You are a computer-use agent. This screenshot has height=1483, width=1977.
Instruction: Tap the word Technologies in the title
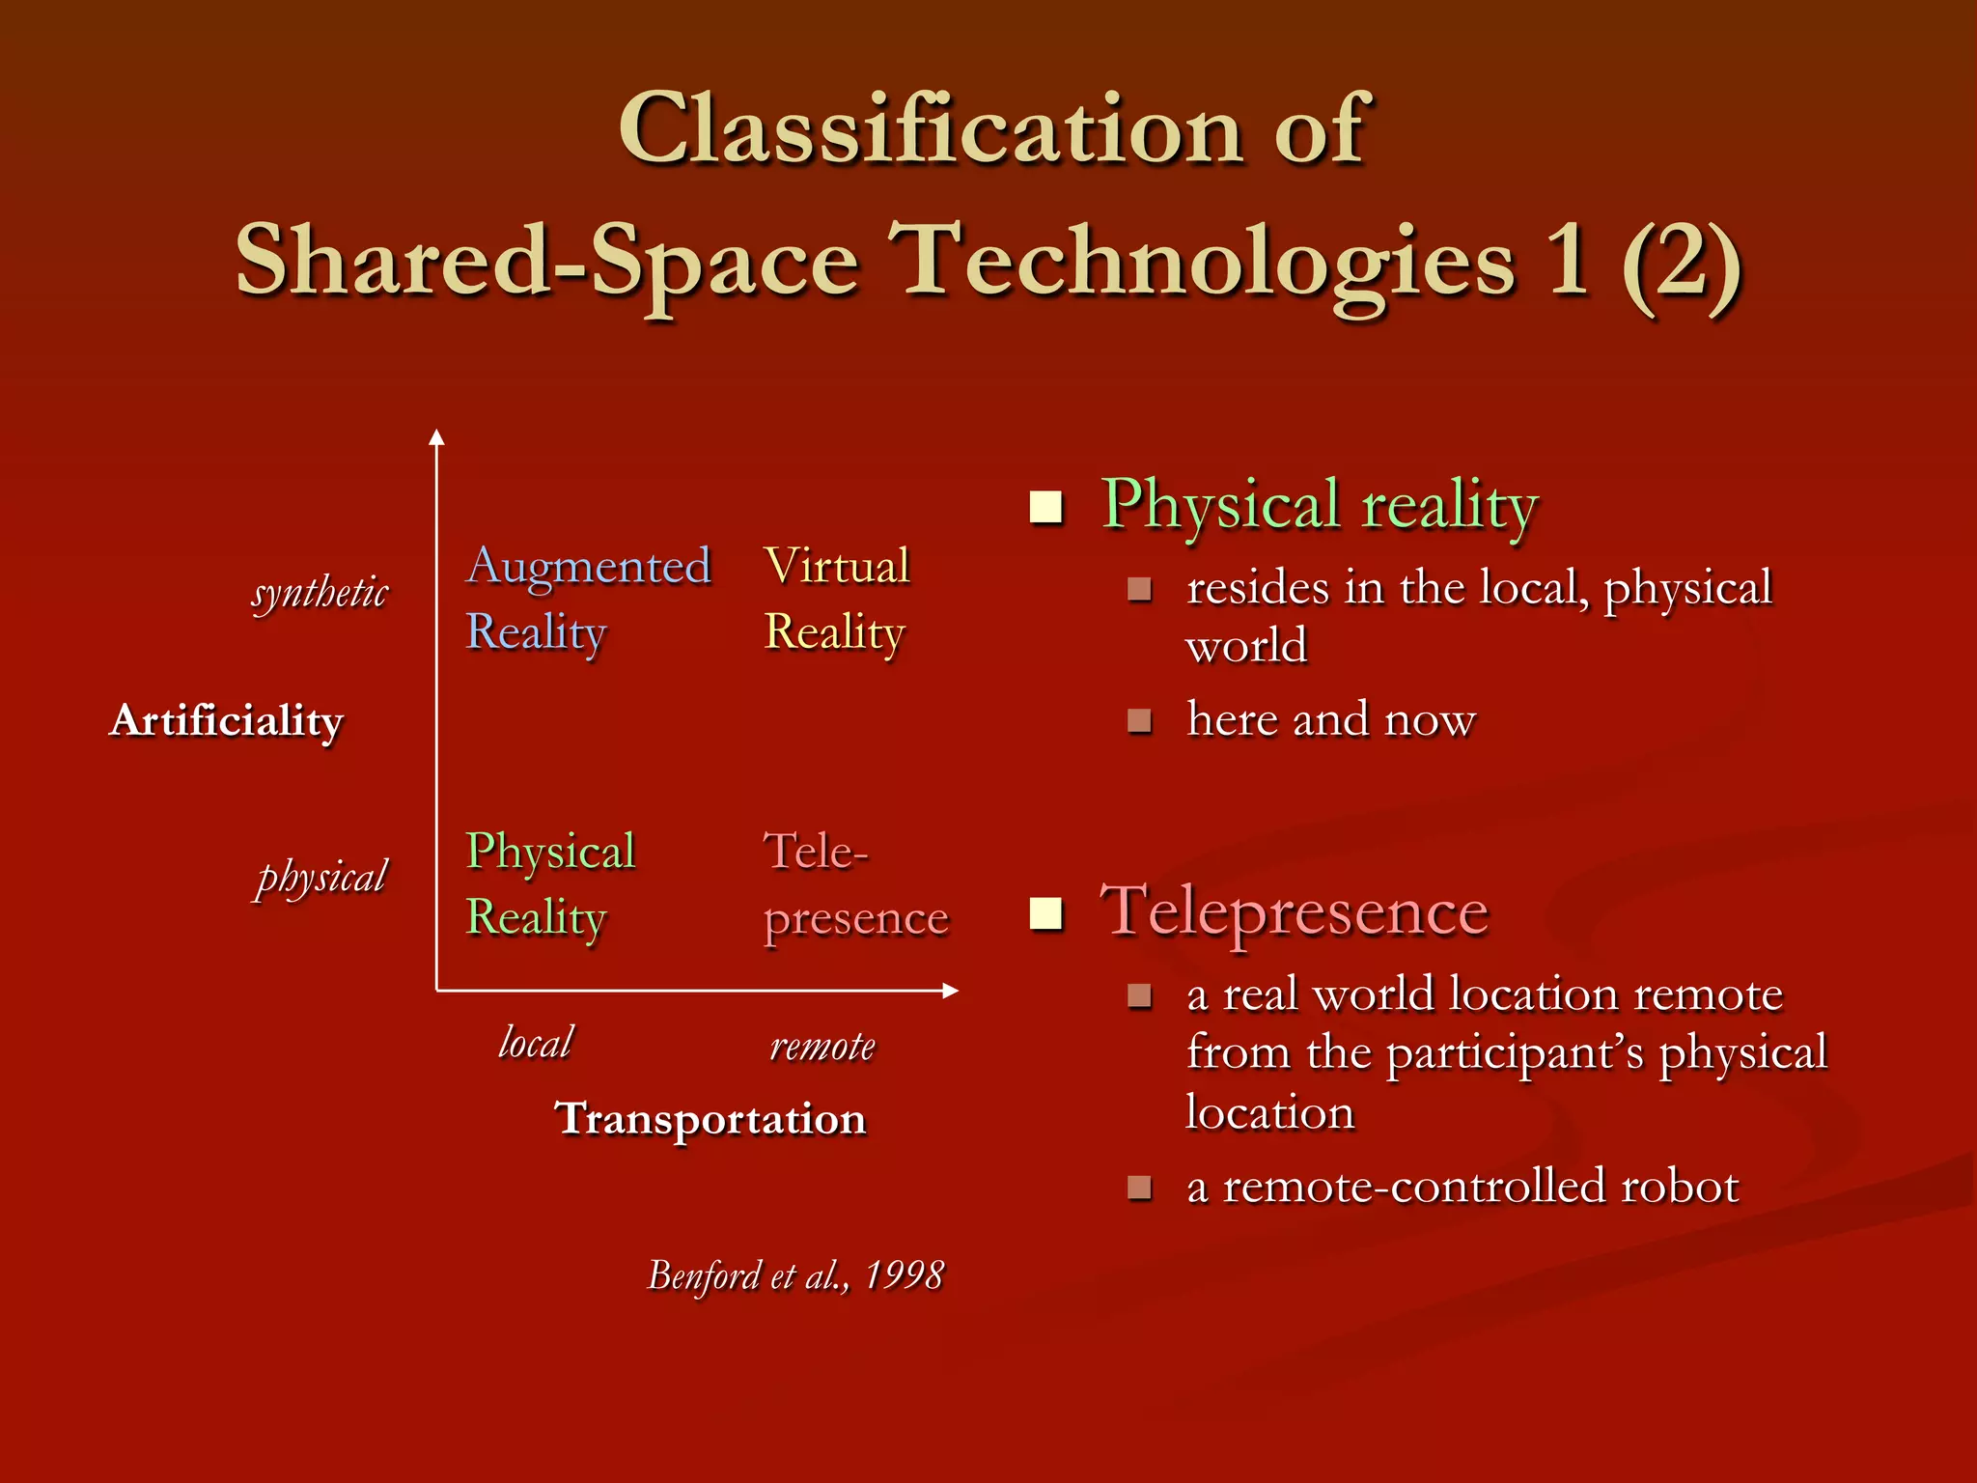[x=1203, y=263]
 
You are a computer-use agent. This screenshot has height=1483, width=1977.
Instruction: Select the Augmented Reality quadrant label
[x=588, y=599]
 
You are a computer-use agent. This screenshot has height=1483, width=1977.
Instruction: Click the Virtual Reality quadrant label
[x=836, y=599]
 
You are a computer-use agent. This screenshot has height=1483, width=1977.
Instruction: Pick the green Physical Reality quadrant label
[x=550, y=883]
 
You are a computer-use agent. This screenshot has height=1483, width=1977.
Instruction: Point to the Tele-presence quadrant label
[x=855, y=883]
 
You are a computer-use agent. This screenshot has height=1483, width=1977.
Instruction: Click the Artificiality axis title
[x=227, y=721]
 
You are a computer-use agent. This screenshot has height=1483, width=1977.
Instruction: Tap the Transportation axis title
[x=710, y=1119]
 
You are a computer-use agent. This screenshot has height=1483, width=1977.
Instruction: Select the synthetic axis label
[x=320, y=592]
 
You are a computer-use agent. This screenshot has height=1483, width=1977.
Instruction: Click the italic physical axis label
[x=321, y=878]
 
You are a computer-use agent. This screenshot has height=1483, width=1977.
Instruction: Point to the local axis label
[x=536, y=1043]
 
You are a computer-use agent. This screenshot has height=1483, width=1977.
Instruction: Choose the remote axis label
[x=822, y=1046]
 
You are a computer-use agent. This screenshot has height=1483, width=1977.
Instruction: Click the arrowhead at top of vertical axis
[x=436, y=437]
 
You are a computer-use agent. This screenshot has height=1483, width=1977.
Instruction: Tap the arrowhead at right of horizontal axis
[x=950, y=991]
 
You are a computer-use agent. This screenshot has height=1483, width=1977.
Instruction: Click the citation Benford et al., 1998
[x=795, y=1275]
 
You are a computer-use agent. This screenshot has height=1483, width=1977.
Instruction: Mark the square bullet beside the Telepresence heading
[x=1045, y=912]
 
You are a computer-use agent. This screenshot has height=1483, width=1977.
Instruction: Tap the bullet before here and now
[x=1140, y=721]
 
